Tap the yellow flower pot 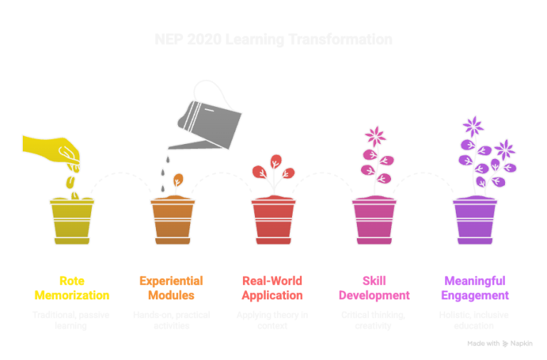point(72,221)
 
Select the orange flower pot point(172,221)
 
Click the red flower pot point(273,221)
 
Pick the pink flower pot point(374,221)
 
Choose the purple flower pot point(475,221)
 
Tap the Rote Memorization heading point(71,287)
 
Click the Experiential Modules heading point(172,287)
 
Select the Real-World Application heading point(273,287)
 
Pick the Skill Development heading point(374,287)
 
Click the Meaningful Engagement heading point(475,287)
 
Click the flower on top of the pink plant point(374,135)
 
